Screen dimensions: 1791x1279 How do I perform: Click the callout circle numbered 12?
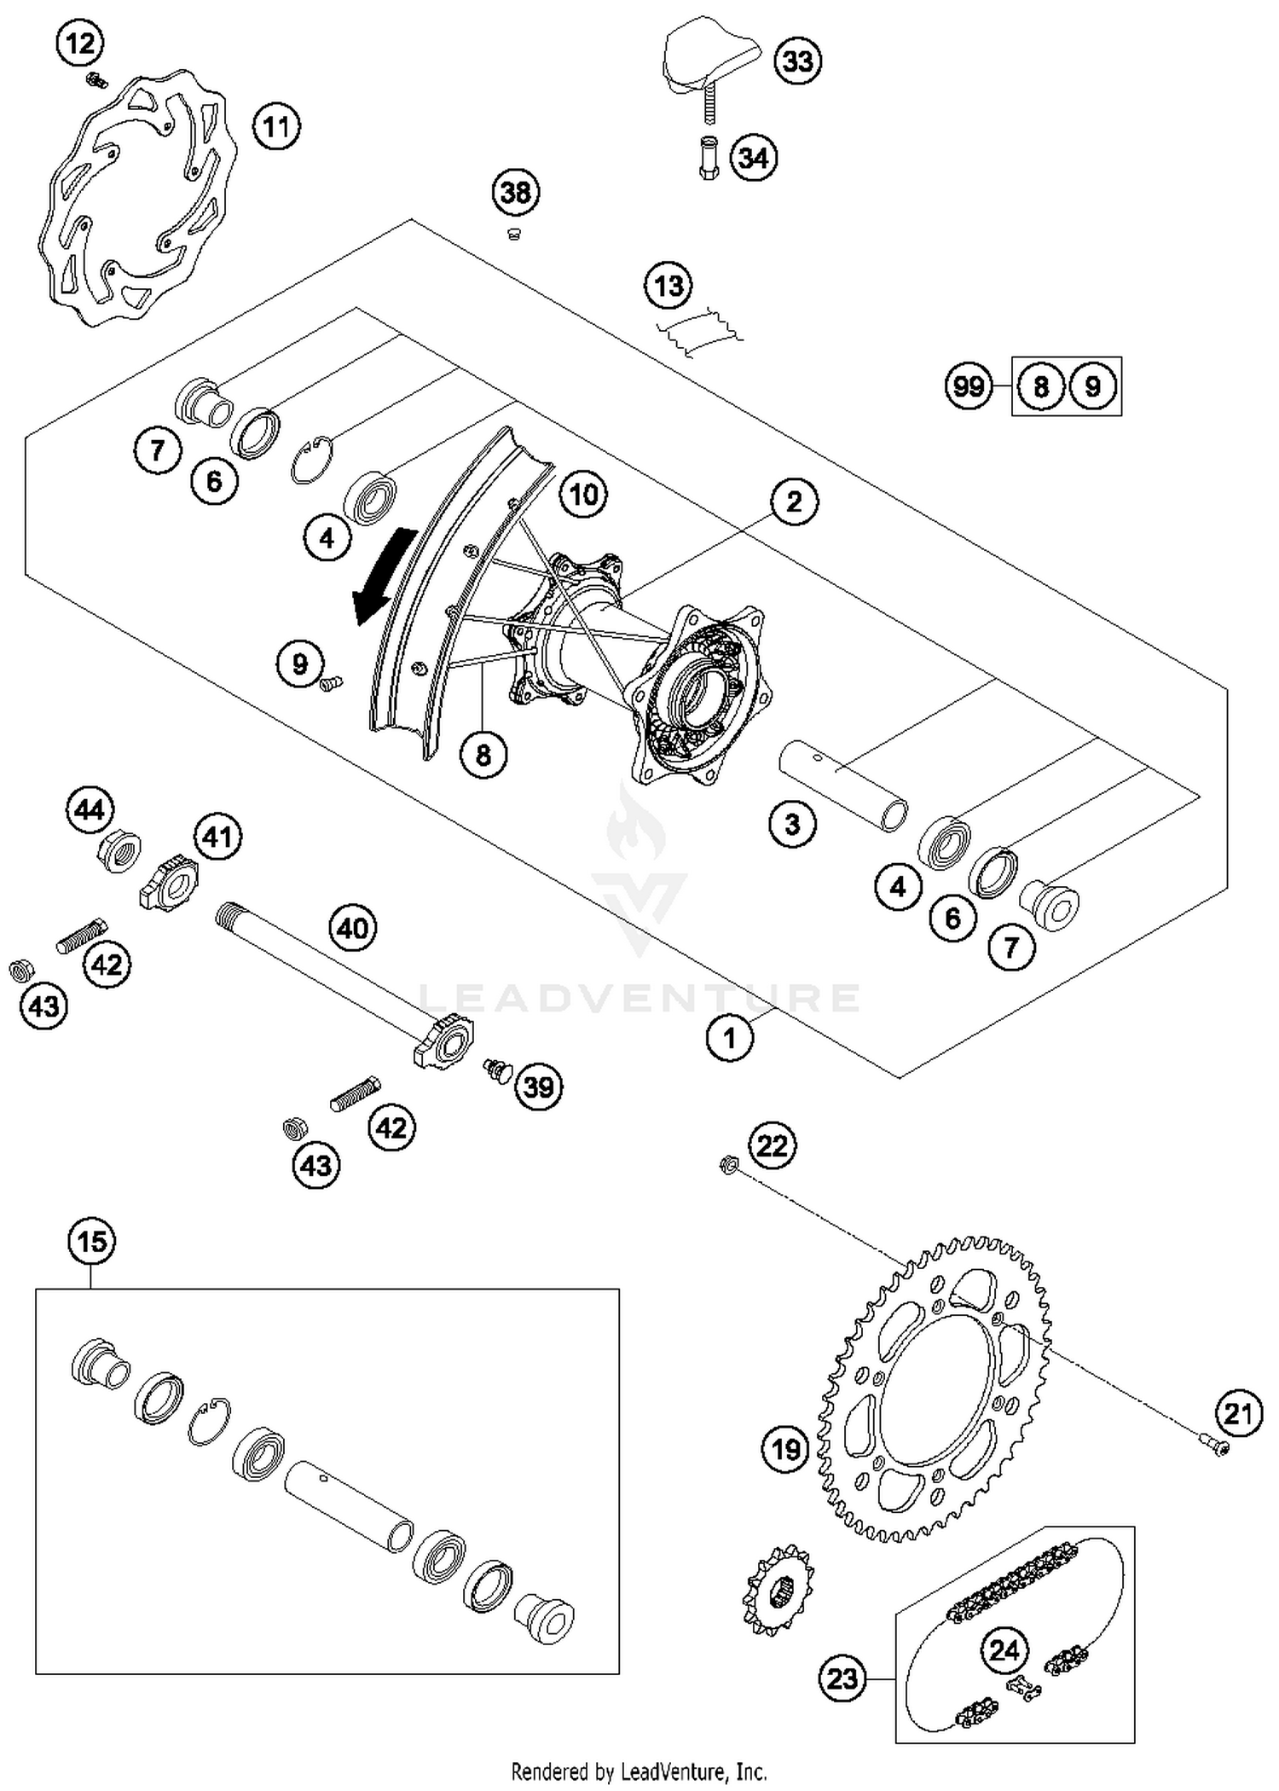coord(80,42)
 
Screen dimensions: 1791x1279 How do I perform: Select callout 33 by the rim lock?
coord(797,61)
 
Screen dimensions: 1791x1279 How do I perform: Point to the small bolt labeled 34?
coord(708,158)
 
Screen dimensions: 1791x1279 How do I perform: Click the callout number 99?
coord(968,386)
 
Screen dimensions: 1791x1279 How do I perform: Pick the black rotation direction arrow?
coord(384,576)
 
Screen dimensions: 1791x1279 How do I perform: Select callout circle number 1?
coord(729,1038)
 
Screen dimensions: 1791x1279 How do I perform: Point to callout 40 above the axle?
coord(353,927)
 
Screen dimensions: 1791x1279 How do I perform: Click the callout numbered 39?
coord(539,1087)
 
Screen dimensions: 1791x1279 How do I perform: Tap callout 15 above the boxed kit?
coord(92,1241)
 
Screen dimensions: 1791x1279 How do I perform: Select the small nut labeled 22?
coord(728,1164)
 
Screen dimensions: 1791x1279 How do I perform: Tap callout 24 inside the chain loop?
coord(1004,1650)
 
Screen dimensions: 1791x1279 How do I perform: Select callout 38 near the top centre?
coord(516,193)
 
